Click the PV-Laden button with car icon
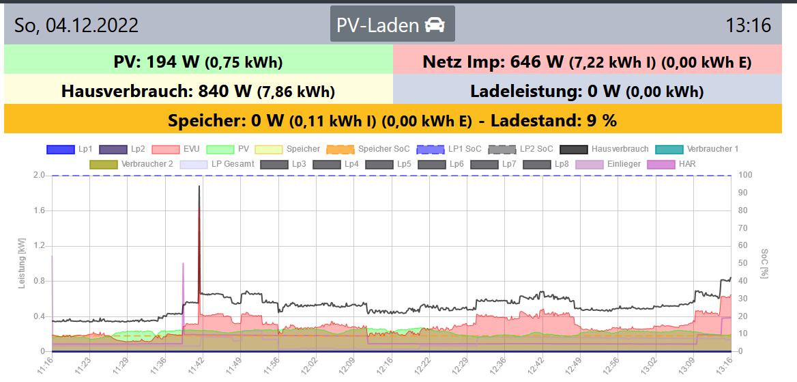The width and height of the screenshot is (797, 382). point(392,25)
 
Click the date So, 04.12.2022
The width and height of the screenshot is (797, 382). point(76,26)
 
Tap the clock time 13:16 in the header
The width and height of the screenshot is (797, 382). point(748,26)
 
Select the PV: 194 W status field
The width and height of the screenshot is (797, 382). point(198,62)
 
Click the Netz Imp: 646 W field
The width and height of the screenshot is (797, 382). point(587,62)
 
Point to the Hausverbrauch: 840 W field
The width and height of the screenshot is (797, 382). point(198,91)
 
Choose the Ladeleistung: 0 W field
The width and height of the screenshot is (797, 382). point(587,91)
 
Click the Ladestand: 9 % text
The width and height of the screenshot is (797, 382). point(553,120)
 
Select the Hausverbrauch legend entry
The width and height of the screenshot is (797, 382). point(603,149)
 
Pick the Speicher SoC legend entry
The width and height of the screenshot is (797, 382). point(368,149)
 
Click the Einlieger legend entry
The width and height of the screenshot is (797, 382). point(607,164)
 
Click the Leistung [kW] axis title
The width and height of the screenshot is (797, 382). point(22,263)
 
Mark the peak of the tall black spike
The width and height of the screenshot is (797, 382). point(199,186)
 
